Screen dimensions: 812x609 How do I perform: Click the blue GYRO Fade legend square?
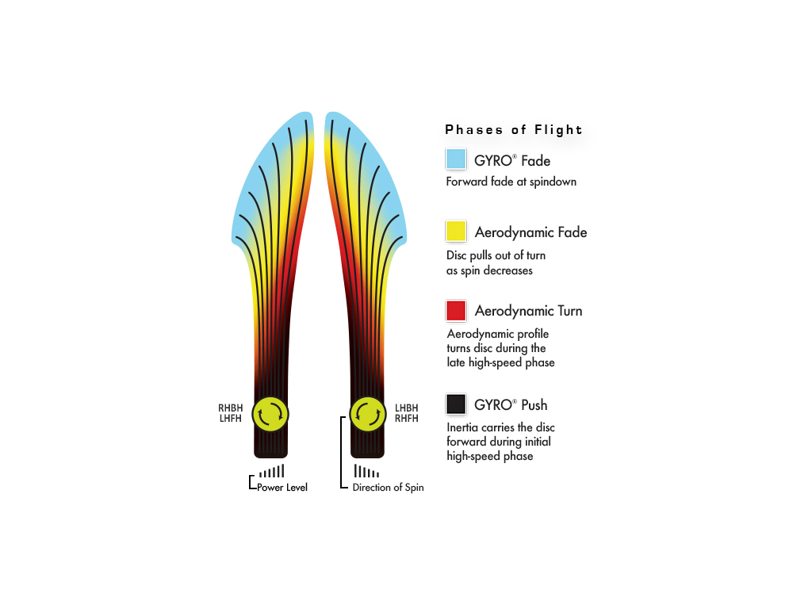(456, 159)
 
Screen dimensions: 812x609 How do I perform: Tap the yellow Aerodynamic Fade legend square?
(456, 231)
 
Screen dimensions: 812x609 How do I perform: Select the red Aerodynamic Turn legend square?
(456, 311)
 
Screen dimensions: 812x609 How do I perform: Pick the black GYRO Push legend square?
(456, 404)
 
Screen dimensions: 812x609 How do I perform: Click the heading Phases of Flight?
(514, 129)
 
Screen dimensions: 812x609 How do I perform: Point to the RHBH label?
(231, 408)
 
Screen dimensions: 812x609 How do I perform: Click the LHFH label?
(231, 419)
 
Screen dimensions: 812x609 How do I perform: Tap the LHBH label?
(407, 408)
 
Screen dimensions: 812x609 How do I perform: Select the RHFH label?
(407, 419)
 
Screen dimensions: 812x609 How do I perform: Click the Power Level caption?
(282, 488)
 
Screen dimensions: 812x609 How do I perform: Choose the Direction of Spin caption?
(388, 488)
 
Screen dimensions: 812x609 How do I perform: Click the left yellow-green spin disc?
(270, 414)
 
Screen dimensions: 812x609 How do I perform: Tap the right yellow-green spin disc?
(368, 414)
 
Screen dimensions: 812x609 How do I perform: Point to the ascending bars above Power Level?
(272, 471)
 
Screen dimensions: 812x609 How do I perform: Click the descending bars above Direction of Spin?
(366, 471)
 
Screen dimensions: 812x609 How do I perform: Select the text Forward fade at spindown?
(511, 182)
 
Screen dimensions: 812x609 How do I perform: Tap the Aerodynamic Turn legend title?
(529, 311)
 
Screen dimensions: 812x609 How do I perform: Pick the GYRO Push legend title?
(511, 405)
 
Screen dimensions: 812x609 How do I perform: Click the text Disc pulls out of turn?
(496, 255)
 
